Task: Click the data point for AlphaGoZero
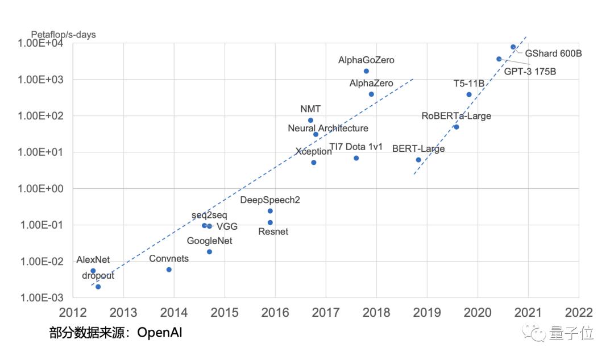(366, 71)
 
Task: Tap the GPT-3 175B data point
(499, 59)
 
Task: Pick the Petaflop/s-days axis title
(63, 35)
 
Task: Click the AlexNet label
(93, 260)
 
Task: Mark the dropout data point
(98, 287)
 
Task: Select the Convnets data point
(169, 270)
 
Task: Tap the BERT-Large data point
(418, 160)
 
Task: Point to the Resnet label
(273, 231)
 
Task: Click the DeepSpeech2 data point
(270, 211)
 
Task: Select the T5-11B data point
(469, 94)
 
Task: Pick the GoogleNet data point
(209, 251)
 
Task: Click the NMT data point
(310, 120)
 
